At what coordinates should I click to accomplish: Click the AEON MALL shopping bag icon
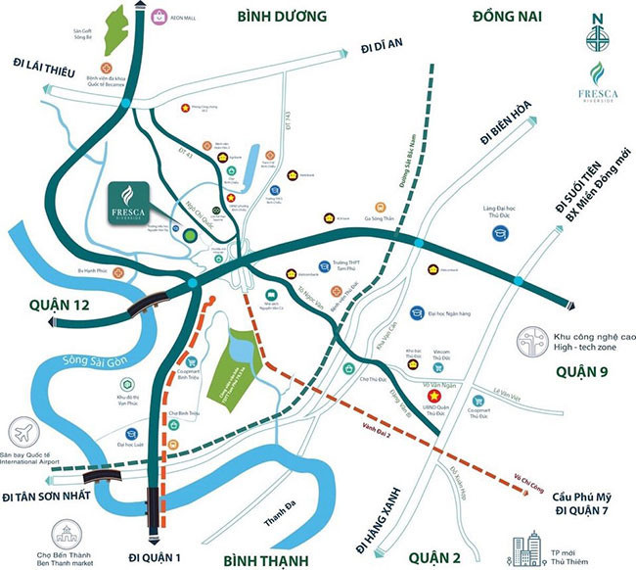[x=158, y=13]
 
